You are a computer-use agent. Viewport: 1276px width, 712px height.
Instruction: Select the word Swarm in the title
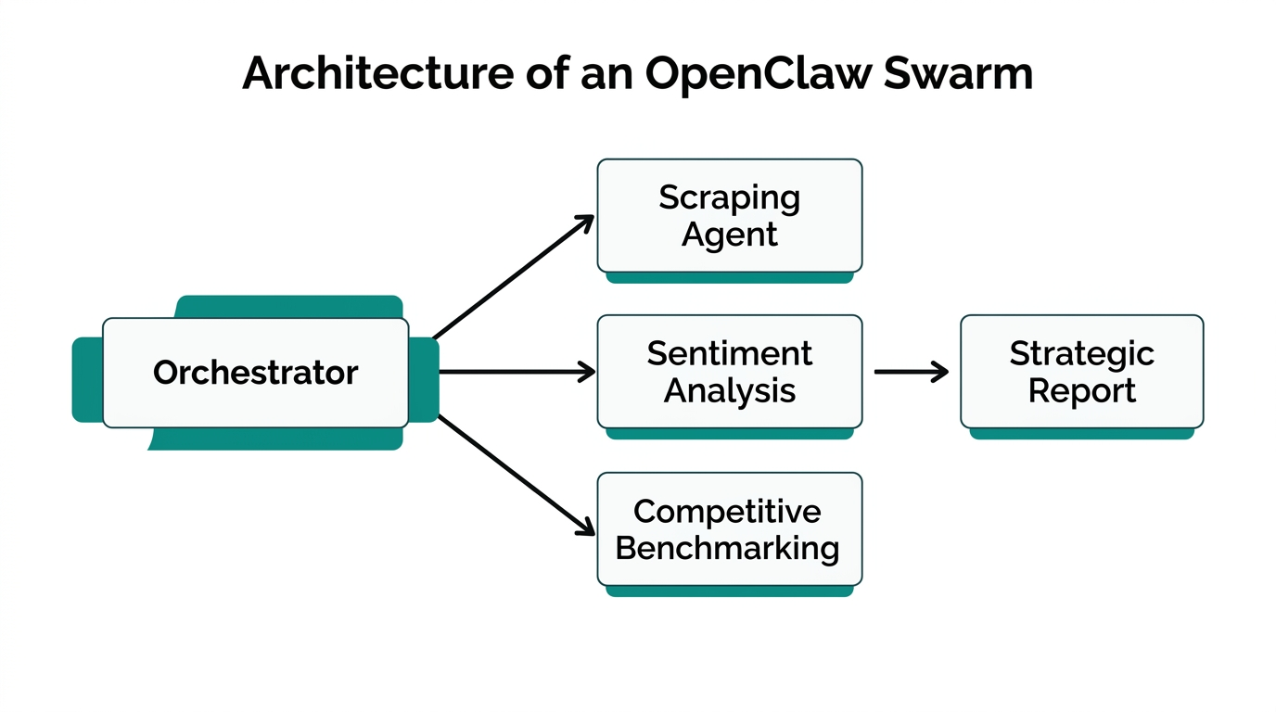coord(958,74)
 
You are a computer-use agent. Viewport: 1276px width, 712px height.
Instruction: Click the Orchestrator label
coord(255,373)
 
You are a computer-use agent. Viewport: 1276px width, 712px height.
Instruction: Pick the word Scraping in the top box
coord(729,197)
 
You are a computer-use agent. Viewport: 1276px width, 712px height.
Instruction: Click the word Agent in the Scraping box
coord(729,235)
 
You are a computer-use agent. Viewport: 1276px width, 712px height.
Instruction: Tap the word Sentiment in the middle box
coord(729,353)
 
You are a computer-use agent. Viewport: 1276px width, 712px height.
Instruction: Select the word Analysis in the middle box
coord(729,390)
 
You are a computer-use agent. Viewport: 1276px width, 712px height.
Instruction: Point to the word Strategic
coord(1081,353)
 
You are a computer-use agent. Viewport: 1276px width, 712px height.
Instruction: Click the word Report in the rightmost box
coord(1081,390)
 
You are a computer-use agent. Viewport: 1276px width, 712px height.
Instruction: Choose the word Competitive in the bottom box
coord(727,511)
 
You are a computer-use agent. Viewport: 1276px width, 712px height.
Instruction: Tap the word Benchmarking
coord(727,548)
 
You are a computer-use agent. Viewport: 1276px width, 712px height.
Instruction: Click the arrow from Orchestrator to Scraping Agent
coord(513,277)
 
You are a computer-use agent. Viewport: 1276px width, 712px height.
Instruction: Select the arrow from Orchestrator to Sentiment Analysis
coord(515,373)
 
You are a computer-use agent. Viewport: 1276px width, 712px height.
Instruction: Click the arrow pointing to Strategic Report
coord(911,373)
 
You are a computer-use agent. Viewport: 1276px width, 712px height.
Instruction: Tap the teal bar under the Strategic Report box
coord(1081,433)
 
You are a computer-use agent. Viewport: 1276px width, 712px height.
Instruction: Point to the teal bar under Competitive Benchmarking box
coord(729,591)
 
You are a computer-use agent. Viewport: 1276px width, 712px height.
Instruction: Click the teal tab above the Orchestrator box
coord(288,307)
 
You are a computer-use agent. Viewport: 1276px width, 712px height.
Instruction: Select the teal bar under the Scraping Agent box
coord(729,277)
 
